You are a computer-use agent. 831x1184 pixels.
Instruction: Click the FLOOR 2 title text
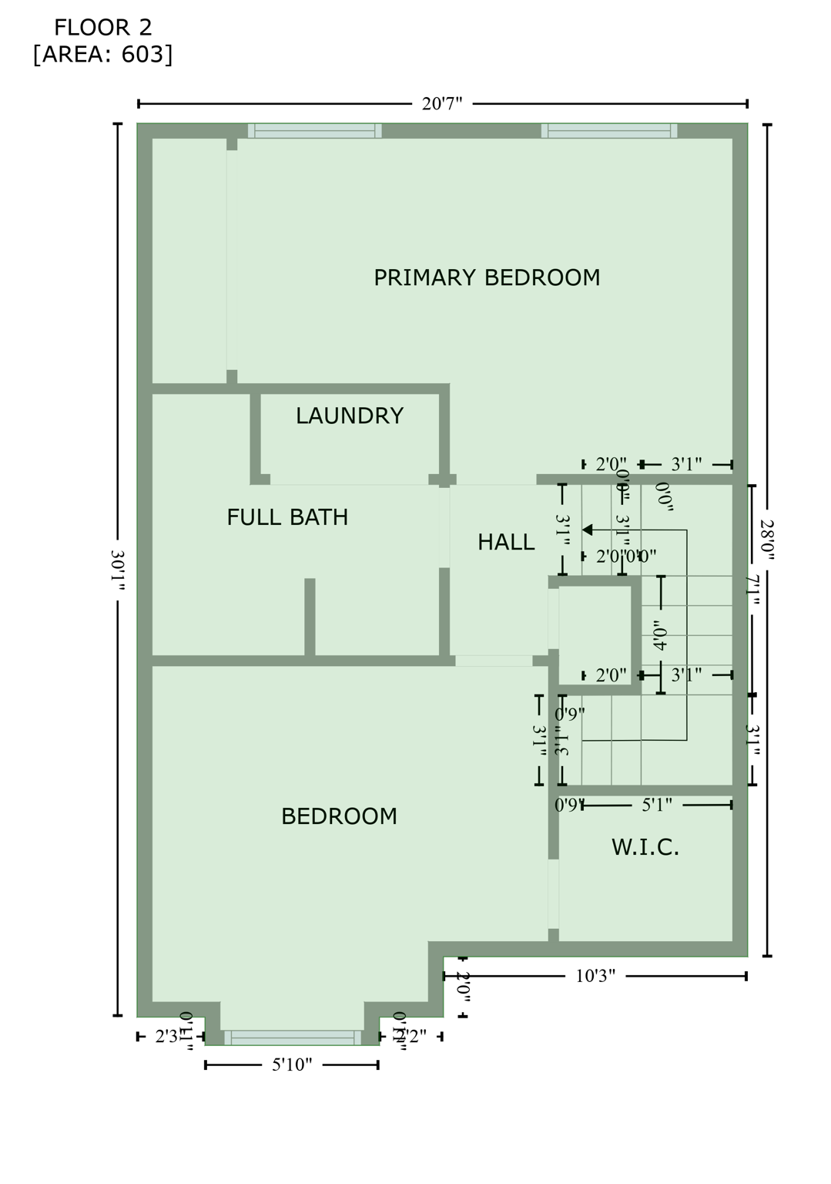[x=102, y=28]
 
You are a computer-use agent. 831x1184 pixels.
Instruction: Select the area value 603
[x=142, y=55]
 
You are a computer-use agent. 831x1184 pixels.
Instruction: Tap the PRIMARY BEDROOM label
[x=486, y=277]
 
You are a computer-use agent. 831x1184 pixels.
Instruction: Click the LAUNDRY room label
[x=350, y=416]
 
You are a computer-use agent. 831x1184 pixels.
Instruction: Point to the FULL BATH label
[x=287, y=517]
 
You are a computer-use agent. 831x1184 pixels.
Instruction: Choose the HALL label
[x=506, y=543]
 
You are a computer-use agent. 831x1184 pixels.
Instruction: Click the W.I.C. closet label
[x=645, y=848]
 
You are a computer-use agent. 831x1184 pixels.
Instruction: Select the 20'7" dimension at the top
[x=442, y=103]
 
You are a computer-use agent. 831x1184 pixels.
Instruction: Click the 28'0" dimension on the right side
[x=767, y=539]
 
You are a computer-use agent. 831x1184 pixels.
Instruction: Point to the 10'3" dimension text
[x=595, y=977]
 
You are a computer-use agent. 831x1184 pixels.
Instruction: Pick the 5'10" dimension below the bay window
[x=292, y=1065]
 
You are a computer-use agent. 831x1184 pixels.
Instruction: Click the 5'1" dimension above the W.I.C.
[x=657, y=806]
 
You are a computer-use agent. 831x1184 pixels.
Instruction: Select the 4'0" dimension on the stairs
[x=660, y=635]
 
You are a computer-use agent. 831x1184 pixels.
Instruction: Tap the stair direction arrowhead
[x=587, y=530]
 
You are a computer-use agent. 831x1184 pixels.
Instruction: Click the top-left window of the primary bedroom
[x=314, y=131]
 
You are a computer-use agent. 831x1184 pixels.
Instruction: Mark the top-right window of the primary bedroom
[x=609, y=131]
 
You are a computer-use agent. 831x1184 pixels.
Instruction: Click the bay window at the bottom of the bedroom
[x=292, y=1038]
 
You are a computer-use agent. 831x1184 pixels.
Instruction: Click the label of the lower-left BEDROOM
[x=339, y=816]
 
